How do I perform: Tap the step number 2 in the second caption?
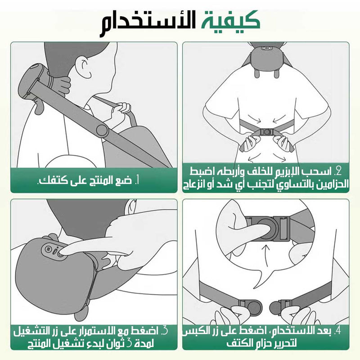(339, 171)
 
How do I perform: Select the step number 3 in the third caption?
(165, 332)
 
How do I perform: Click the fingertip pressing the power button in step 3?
(63, 253)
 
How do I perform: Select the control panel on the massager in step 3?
(51, 250)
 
